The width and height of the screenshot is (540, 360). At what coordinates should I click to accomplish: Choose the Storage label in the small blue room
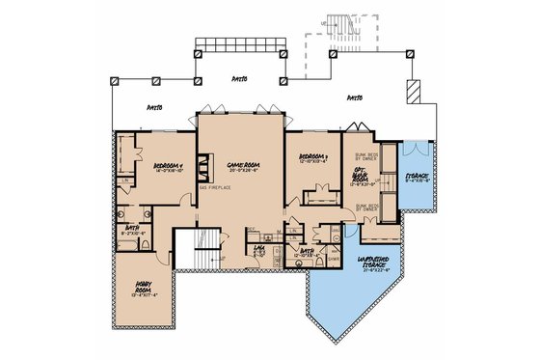point(418,176)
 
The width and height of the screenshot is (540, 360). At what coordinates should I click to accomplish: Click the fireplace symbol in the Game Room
point(202,163)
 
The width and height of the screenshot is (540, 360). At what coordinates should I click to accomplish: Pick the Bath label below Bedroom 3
point(308,253)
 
